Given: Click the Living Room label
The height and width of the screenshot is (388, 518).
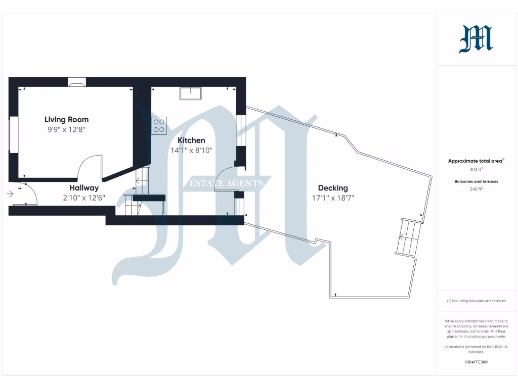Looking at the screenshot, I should click(66, 120).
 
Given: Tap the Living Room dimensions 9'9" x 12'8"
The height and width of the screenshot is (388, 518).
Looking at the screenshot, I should click(66, 130).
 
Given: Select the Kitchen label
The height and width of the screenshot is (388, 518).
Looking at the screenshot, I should click(191, 140).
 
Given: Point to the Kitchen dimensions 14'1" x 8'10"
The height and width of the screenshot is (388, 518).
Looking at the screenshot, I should click(191, 150).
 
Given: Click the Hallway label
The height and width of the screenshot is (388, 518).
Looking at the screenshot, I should click(84, 188).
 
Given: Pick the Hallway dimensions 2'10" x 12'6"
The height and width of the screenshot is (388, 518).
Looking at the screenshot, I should click(84, 198).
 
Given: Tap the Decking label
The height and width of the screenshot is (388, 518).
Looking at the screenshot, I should click(333, 188).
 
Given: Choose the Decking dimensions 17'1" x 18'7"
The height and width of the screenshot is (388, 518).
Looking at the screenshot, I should click(333, 198).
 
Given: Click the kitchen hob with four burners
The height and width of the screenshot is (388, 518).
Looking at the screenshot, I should click(159, 125).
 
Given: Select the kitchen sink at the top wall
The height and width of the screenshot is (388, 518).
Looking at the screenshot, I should click(191, 93).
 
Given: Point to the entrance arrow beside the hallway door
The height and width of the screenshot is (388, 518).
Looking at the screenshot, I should click(10, 193).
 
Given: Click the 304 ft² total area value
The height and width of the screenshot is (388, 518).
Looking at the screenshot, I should click(476, 169).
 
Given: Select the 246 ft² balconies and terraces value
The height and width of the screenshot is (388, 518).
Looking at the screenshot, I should click(476, 189).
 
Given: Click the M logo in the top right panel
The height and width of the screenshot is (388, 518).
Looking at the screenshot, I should click(476, 39).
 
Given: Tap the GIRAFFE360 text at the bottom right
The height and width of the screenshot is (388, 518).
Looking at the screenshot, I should click(476, 362).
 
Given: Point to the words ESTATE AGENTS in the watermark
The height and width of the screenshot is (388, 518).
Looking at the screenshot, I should click(226, 183).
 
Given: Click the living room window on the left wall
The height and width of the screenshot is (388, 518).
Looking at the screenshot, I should click(14, 134).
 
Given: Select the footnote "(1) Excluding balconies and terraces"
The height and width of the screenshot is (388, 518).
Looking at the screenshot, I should click(476, 301).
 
